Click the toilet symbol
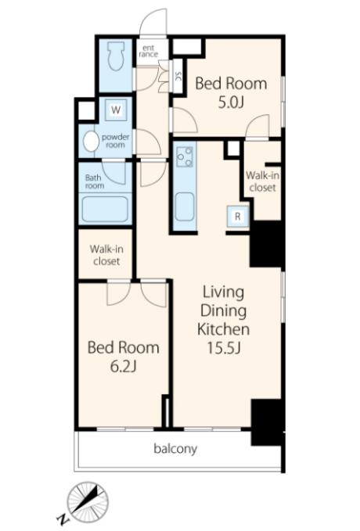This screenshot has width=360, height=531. click(x=116, y=56)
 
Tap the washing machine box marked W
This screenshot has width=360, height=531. click(x=116, y=109)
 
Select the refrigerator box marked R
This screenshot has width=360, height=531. click(x=238, y=216)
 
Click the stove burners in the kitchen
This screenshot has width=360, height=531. click(x=185, y=156)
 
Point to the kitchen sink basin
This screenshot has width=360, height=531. click(x=185, y=206)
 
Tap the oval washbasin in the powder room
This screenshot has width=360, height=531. click(x=91, y=142)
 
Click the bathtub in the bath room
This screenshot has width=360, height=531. click(x=105, y=209)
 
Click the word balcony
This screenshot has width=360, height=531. click(x=175, y=449)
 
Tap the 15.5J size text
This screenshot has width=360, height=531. click(x=224, y=348)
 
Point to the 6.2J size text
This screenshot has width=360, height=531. click(x=124, y=367)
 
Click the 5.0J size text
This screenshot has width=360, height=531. click(x=231, y=102)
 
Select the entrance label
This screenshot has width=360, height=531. click(x=149, y=51)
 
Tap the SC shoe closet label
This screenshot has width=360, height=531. click(x=178, y=77)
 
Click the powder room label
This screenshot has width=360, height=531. click(x=116, y=141)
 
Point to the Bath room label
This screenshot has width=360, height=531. click(x=95, y=181)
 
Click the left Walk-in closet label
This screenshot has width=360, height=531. click(x=106, y=255)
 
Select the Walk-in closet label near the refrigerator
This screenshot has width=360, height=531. click(x=262, y=181)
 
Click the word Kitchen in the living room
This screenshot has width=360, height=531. click(x=224, y=329)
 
